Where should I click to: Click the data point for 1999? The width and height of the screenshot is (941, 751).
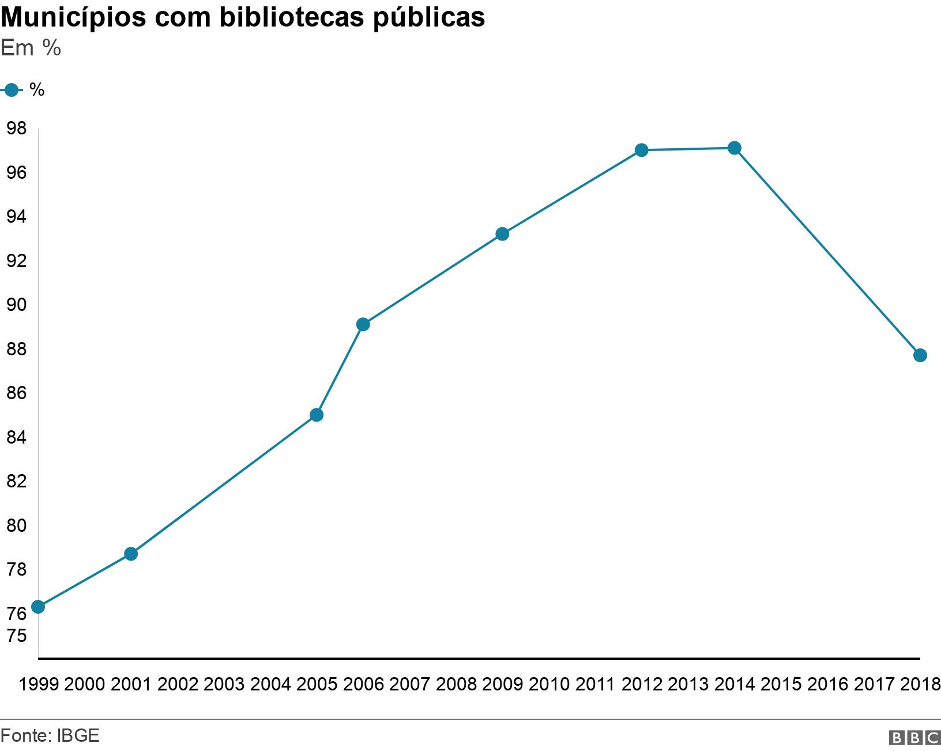click(38, 607)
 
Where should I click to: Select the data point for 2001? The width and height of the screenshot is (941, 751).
click(131, 554)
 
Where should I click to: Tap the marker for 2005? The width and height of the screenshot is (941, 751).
click(317, 415)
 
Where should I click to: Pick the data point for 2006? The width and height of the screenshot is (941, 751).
click(363, 324)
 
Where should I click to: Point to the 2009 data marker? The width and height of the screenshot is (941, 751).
click(502, 234)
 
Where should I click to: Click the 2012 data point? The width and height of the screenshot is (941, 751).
click(641, 150)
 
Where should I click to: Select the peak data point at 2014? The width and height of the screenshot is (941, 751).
click(734, 148)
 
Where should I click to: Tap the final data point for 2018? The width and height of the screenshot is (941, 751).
click(920, 355)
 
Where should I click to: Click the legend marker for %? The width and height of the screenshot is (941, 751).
click(11, 90)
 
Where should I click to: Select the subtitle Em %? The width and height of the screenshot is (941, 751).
click(31, 48)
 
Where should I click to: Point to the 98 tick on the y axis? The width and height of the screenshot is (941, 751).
click(17, 129)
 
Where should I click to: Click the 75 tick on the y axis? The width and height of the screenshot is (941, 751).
click(17, 636)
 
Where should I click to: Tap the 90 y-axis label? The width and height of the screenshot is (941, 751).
click(17, 305)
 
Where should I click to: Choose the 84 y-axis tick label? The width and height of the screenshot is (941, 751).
click(17, 437)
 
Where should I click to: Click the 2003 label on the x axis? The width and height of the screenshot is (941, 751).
click(224, 685)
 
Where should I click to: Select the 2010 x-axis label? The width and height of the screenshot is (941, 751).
click(549, 685)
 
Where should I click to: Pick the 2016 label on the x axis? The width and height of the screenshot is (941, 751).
click(827, 685)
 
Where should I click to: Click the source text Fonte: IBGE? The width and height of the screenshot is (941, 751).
click(50, 735)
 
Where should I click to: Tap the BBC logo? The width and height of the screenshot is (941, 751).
click(914, 738)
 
